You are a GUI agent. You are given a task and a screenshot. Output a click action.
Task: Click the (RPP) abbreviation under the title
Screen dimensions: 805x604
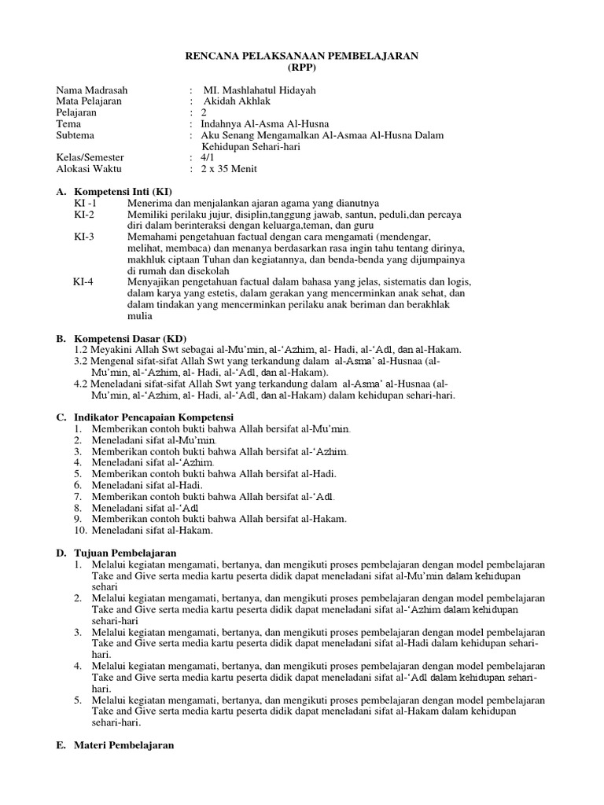point(301,68)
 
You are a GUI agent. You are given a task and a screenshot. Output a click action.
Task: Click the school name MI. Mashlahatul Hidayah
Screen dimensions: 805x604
point(259,90)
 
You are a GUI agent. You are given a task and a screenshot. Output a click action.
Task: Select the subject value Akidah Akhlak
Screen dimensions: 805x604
point(238,101)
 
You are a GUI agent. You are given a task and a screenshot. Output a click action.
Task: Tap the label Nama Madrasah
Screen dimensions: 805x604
point(91,90)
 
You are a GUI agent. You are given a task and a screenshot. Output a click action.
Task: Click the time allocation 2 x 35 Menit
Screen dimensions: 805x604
point(229,169)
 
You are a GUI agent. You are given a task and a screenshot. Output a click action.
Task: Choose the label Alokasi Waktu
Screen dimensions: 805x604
point(90,169)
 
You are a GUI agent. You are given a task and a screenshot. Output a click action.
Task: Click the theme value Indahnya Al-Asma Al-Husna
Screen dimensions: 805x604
point(265,123)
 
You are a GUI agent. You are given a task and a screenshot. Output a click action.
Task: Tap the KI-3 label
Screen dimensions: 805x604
point(84,237)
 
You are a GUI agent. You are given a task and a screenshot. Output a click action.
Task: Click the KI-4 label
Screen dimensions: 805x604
point(83,281)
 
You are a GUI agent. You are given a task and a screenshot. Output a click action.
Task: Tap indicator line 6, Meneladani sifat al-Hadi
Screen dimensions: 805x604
point(147,485)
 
